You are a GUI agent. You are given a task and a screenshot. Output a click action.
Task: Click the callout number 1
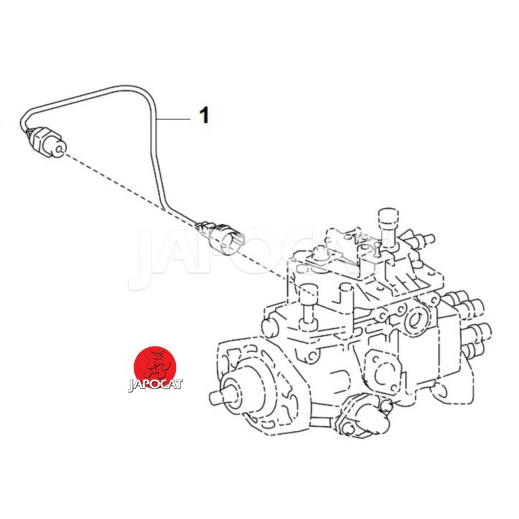pos(205,115)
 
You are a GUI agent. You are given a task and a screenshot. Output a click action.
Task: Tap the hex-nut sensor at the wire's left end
pos(45,142)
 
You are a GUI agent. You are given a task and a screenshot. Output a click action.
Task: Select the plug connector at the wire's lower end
pos(220,235)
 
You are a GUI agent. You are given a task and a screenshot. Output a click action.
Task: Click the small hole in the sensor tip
pos(60,151)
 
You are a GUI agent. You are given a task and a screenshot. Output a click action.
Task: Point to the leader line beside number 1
pos(173,118)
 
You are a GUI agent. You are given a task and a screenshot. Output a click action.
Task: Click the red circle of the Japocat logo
pos(154,367)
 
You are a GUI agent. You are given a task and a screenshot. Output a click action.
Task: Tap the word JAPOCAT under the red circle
pos(155,384)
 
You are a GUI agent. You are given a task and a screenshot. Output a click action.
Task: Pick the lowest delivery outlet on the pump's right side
pos(473,351)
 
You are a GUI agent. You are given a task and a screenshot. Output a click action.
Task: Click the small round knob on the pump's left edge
pos(269,326)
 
